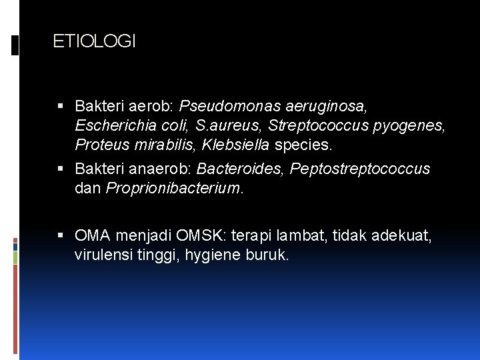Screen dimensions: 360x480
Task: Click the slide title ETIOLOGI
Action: pos(94,42)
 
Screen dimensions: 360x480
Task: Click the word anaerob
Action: pos(157,169)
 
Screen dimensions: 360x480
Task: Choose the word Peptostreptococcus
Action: pos(360,169)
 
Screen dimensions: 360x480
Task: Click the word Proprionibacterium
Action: pos(173,189)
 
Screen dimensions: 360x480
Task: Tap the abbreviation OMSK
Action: pos(205,236)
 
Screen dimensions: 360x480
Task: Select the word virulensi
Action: pos(103,255)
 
